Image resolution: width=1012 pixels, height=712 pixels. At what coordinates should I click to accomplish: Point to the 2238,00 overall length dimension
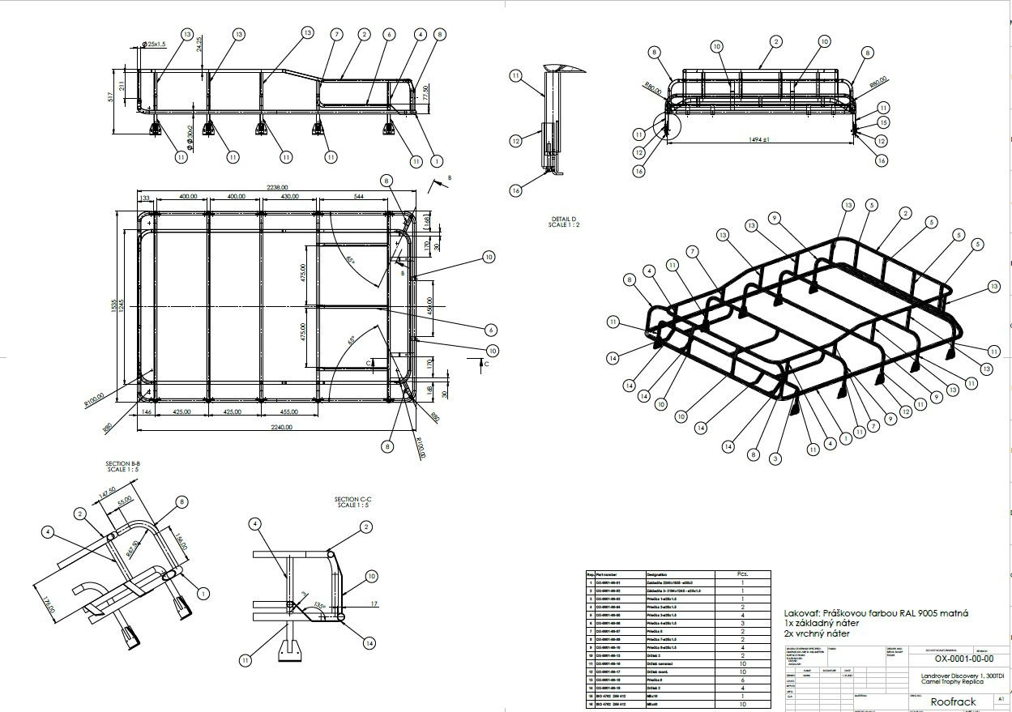coord(278,187)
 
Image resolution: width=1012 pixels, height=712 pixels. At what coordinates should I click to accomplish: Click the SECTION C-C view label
coord(352,502)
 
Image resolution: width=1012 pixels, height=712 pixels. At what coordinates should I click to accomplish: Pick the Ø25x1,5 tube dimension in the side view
coord(154,45)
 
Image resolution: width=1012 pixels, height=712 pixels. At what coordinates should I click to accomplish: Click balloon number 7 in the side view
coord(335,34)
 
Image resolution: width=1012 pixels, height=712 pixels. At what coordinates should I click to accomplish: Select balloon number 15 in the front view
coord(883,122)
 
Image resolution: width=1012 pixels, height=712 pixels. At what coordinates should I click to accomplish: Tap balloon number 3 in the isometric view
coord(775,458)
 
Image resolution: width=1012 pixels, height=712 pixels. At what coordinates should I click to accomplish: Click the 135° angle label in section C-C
coord(323,605)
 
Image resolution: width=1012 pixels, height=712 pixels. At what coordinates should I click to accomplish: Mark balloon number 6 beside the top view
coord(491,330)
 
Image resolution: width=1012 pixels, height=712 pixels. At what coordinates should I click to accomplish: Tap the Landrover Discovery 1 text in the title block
coord(951,676)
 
